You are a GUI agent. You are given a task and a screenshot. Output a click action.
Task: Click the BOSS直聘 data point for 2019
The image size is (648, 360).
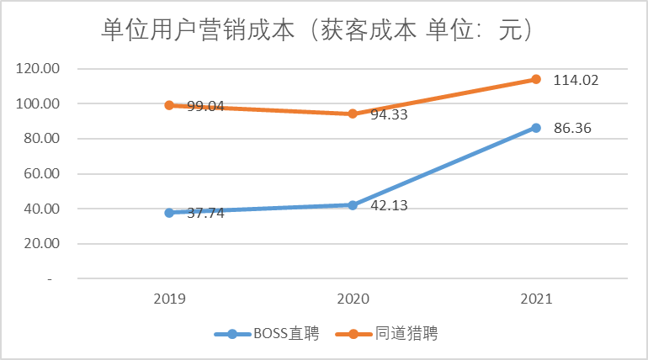tap(169, 213)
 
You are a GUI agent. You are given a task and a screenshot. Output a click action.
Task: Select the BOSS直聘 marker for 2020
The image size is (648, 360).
tap(353, 204)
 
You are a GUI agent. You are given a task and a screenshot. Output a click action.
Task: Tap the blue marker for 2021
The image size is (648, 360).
tap(535, 128)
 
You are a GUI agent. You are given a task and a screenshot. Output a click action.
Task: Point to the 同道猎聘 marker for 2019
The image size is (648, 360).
tap(169, 105)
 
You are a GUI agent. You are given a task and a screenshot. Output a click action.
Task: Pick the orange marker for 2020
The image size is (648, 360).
tap(353, 114)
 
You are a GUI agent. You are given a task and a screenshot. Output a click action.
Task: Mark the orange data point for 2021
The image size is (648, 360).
tap(535, 79)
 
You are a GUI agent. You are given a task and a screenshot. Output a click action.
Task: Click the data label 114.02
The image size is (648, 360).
tap(576, 81)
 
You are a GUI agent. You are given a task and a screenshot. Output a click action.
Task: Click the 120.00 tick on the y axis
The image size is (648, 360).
tap(39, 69)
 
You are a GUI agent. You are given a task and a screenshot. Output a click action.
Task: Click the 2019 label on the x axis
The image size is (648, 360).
tap(169, 299)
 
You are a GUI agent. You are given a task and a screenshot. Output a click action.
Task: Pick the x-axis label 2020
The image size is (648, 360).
tap(353, 299)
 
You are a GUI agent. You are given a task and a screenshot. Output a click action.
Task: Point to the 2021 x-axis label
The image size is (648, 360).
tap(535, 299)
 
